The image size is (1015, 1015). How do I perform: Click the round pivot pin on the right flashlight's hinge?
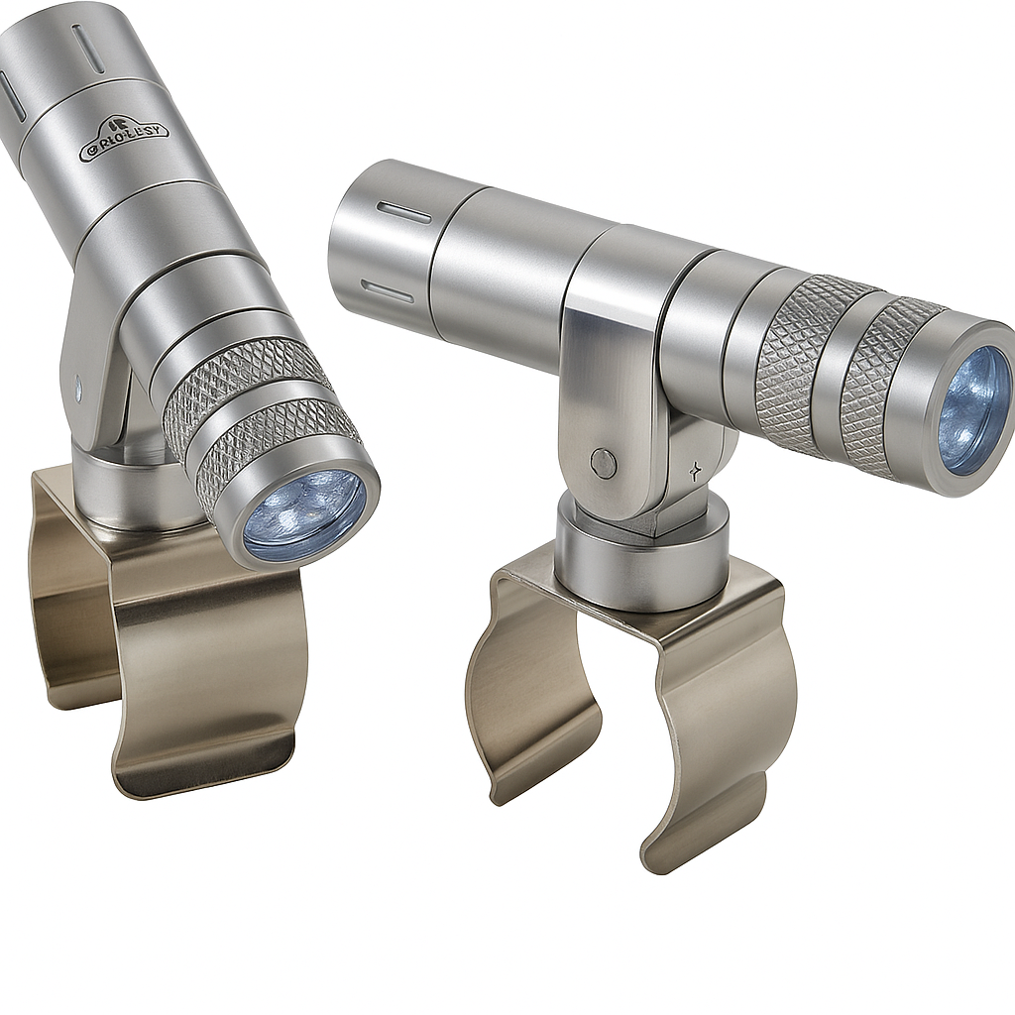[x=602, y=461]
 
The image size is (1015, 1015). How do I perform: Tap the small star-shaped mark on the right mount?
[x=697, y=472]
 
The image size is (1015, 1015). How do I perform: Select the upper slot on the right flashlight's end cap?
[x=404, y=213]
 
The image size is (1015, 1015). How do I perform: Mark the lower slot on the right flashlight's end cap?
[x=388, y=289]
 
